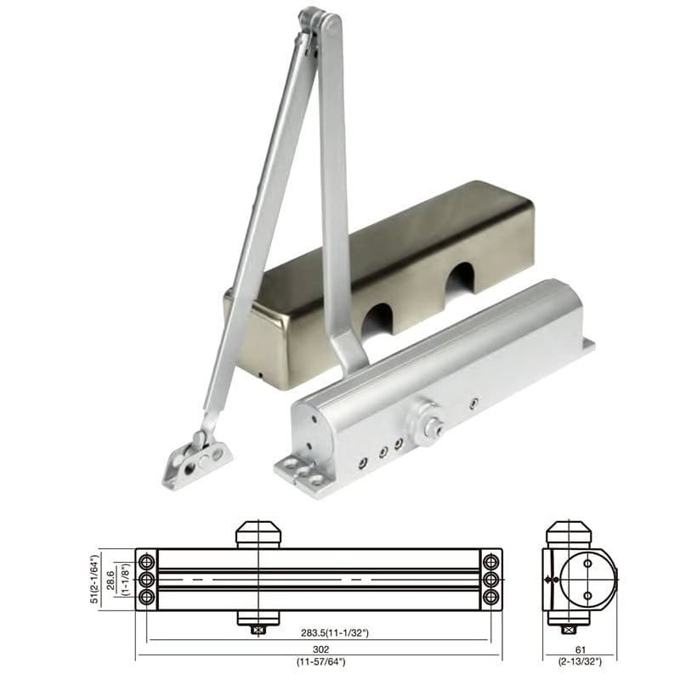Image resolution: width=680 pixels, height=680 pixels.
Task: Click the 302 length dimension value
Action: [320, 649]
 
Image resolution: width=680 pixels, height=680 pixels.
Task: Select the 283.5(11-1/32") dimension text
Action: [335, 632]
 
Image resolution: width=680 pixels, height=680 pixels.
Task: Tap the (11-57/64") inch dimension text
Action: [321, 662]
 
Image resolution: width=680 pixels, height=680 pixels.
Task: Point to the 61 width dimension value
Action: [581, 649]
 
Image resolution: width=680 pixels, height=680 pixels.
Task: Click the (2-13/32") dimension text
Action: [581, 662]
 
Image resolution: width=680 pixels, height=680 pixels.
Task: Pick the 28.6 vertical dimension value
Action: [111, 581]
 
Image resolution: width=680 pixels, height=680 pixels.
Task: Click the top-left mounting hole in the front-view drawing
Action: [146, 563]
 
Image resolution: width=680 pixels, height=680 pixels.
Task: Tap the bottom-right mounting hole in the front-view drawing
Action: [491, 597]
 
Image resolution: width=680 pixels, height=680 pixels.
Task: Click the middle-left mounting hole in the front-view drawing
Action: [146, 580]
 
